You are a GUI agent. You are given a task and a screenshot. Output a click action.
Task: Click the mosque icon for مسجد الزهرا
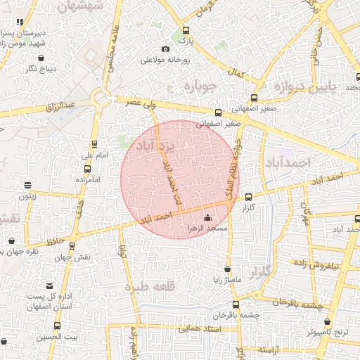point(207,218)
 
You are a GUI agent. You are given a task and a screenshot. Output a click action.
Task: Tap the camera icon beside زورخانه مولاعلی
point(165,49)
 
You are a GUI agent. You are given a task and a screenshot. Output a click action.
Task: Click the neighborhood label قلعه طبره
point(147,288)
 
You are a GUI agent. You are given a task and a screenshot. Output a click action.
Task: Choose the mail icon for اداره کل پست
point(49,285)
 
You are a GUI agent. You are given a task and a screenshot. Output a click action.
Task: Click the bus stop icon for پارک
point(186,31)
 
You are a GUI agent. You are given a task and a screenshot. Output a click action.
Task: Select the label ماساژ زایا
point(228,281)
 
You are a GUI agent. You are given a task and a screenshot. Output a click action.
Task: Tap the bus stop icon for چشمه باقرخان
point(236,304)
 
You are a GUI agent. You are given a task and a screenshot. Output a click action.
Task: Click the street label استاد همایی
point(200,329)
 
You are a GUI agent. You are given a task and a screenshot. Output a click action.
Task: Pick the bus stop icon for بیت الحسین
point(57,326)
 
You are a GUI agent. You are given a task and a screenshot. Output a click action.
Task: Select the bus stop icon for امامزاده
point(87,169)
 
